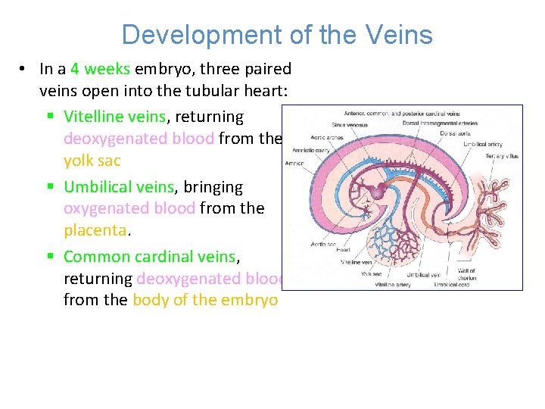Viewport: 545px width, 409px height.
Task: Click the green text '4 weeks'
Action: click(101, 69)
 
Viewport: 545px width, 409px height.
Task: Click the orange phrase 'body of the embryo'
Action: click(204, 299)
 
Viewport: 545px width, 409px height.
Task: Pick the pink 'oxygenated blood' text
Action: click(129, 208)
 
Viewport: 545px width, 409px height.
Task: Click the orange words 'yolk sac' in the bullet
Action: click(92, 161)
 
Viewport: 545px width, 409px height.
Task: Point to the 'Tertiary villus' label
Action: click(502, 156)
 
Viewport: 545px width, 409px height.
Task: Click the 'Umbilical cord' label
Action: click(451, 285)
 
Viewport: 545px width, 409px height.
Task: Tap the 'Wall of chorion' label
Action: click(467, 273)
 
